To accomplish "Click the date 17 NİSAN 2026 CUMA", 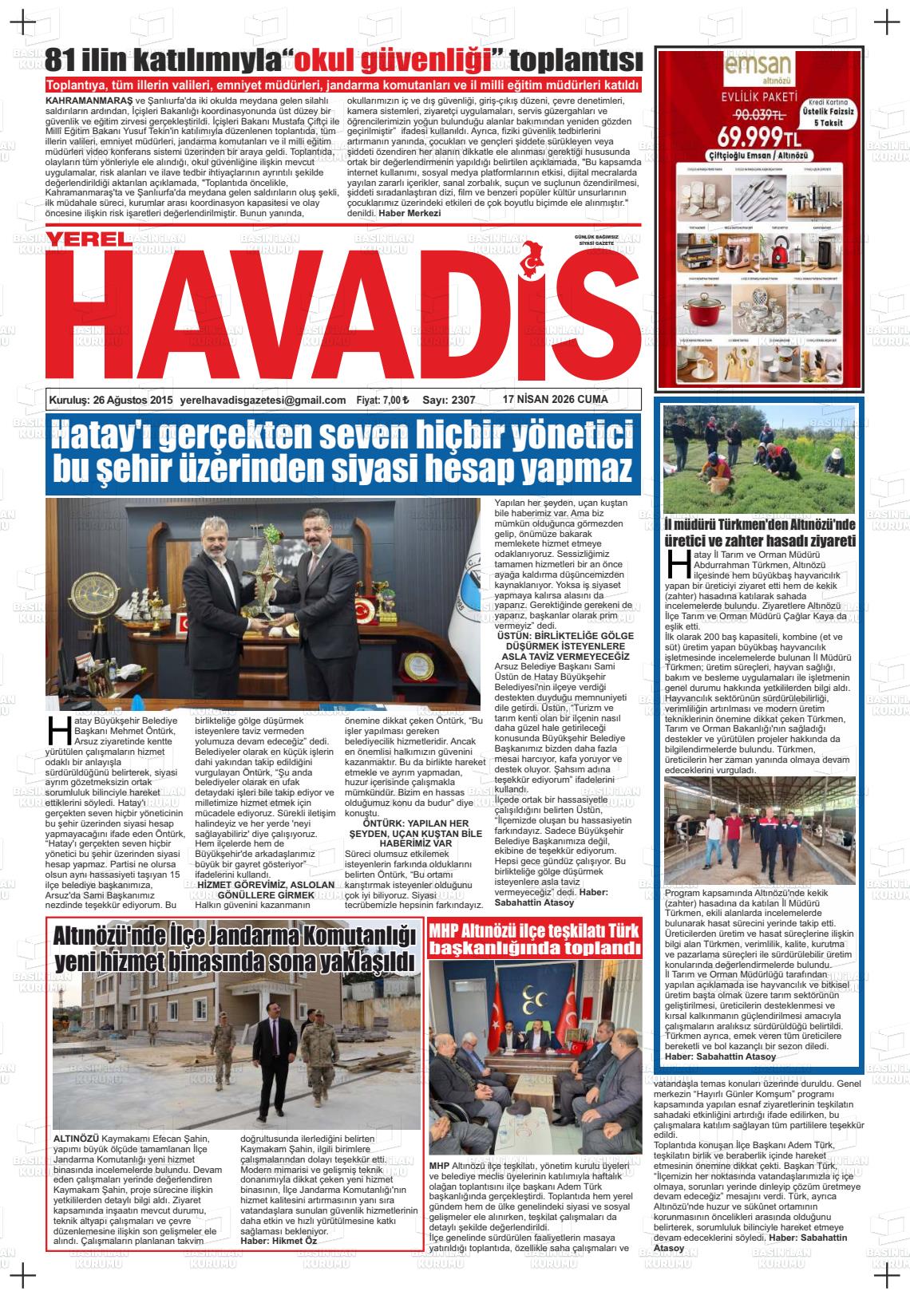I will point(556,399).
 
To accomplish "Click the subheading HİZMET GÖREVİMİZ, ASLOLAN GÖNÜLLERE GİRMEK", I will point(266,890).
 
